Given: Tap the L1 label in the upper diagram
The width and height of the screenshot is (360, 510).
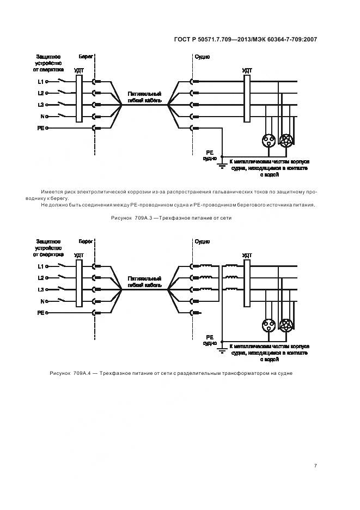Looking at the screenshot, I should pyautogui.click(x=41, y=82).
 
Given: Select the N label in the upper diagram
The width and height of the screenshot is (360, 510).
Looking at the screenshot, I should pyautogui.click(x=42, y=116).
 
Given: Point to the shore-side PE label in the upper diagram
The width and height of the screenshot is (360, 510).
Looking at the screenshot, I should pyautogui.click(x=40, y=127).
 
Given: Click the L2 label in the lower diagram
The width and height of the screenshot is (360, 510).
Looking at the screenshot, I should pyautogui.click(x=41, y=278).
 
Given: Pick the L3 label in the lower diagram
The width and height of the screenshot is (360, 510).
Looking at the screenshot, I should pyautogui.click(x=41, y=289).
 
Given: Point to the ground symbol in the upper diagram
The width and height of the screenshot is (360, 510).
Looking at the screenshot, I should pyautogui.click(x=222, y=165).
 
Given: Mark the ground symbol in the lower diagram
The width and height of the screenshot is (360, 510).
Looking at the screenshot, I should pyautogui.click(x=222, y=349).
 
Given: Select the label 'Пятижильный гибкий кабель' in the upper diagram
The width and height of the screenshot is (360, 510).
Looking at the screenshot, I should pyautogui.click(x=144, y=96).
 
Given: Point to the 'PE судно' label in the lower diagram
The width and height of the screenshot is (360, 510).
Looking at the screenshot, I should pyautogui.click(x=210, y=340).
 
